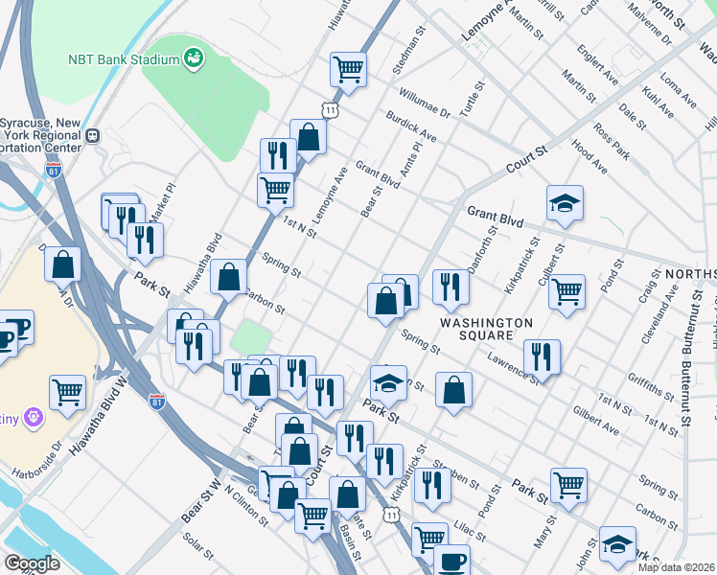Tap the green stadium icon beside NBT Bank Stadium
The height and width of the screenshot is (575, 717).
point(194,58)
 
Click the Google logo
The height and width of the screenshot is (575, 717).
point(33,563)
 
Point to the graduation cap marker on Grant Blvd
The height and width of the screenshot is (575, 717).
point(566,203)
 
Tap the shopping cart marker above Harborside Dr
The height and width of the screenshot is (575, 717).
point(67,390)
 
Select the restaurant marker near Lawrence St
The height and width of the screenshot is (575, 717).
point(542,357)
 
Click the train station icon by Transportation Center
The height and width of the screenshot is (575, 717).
point(93,135)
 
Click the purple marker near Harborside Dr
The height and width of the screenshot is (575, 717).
point(35,418)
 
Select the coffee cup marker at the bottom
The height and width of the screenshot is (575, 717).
point(451,562)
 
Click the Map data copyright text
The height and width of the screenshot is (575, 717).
point(676,567)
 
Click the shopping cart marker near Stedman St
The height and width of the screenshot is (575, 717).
point(348,68)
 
